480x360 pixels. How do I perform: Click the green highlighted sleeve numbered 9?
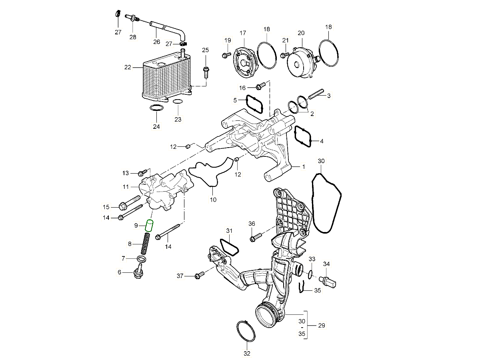coord(150,226)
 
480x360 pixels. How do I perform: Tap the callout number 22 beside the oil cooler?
coord(128,68)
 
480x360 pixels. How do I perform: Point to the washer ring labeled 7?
coord(141,259)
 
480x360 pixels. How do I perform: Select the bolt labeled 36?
coord(255,238)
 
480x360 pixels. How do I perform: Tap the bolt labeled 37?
coord(199,275)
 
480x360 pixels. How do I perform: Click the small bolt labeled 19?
coord(226,54)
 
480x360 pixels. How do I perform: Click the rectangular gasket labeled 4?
coord(303,136)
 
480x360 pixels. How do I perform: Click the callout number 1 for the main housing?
coord(303,166)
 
